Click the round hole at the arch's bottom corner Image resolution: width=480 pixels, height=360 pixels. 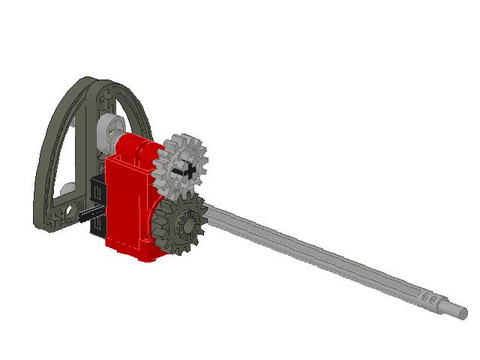point(73,205)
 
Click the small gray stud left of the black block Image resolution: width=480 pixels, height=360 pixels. point(67,189)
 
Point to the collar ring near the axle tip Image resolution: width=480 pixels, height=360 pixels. point(446,303)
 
